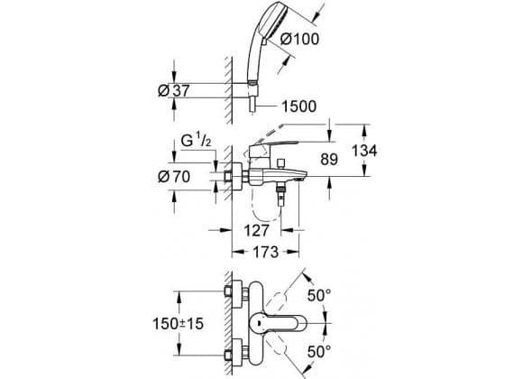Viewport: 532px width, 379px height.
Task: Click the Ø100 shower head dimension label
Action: (300, 39)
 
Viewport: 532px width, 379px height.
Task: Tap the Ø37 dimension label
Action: (174, 90)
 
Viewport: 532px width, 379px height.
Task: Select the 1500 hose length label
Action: (298, 106)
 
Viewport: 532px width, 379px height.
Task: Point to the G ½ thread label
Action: (196, 141)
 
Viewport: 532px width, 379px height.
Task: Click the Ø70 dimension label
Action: (174, 177)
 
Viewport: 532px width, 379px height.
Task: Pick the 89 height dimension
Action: (329, 160)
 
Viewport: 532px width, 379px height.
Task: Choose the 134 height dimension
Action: (364, 151)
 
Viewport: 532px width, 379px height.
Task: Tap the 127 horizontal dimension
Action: (256, 231)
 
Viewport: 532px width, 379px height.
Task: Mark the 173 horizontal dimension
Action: (266, 252)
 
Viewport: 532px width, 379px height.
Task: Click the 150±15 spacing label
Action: (179, 324)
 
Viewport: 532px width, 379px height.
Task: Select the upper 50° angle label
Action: (319, 295)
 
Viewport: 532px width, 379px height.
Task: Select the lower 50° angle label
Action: (319, 352)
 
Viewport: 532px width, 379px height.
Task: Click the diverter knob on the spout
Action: (280, 163)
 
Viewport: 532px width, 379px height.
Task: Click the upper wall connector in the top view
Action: (237, 291)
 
